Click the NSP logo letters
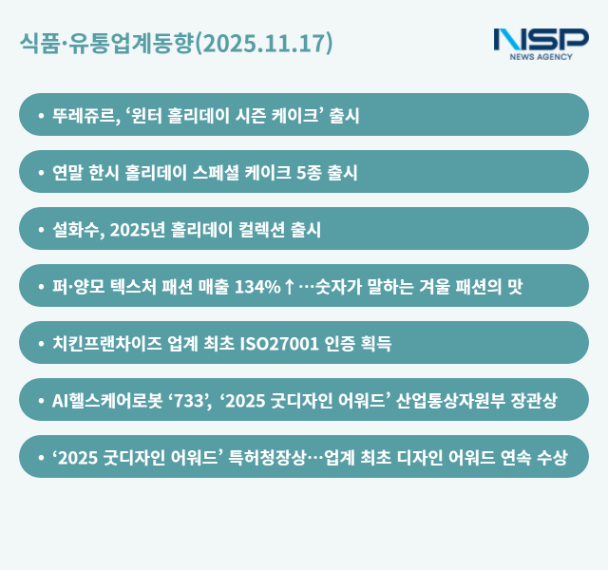[x=541, y=40]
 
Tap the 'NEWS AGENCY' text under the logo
[x=541, y=58]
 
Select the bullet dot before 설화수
[x=40, y=230]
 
